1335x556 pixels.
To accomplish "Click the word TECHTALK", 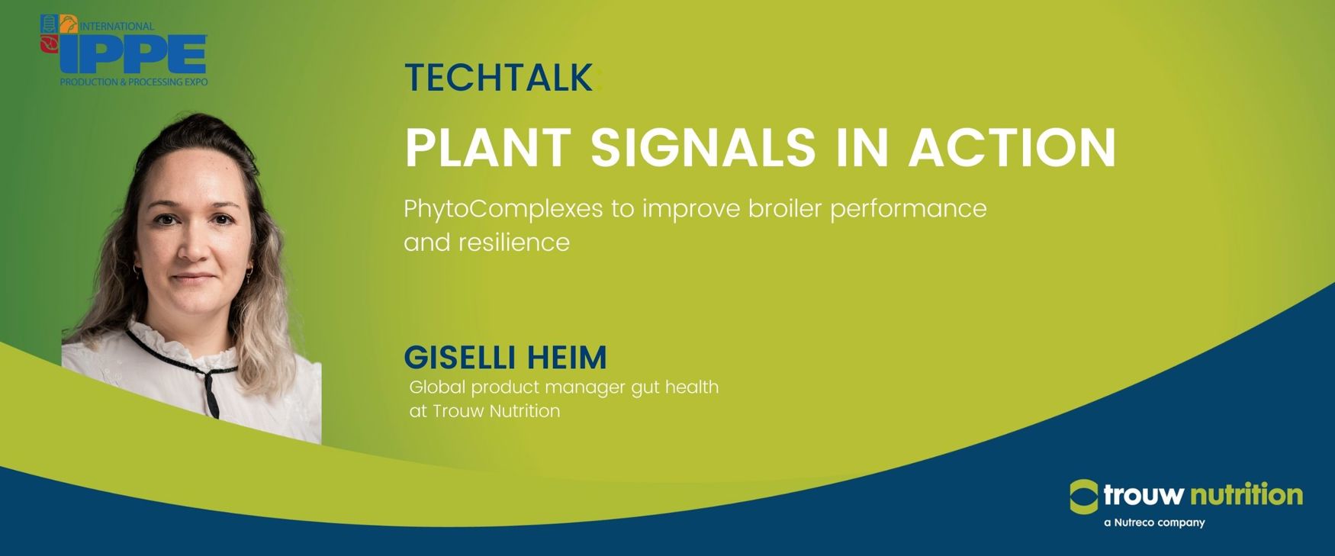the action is pyautogui.click(x=498, y=77).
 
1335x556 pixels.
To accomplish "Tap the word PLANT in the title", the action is pyautogui.click(x=488, y=147).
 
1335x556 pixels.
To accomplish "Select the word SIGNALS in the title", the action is pyautogui.click(x=703, y=147).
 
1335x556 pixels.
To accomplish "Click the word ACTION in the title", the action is pyautogui.click(x=1012, y=147).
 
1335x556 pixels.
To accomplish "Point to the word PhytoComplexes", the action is pyautogui.click(x=503, y=209).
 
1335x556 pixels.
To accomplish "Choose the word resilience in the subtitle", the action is pyautogui.click(x=513, y=243).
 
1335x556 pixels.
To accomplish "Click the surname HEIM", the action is pyautogui.click(x=567, y=357).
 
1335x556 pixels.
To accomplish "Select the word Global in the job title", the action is pyautogui.click(x=437, y=387).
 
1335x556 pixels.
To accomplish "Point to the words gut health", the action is pyautogui.click(x=675, y=387).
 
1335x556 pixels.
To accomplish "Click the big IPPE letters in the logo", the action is pyautogui.click(x=133, y=54).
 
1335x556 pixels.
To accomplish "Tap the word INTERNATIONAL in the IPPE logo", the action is pyautogui.click(x=117, y=26).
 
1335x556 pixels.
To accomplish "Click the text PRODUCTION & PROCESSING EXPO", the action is pyautogui.click(x=133, y=82).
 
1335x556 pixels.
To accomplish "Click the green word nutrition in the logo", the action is pyautogui.click(x=1247, y=495).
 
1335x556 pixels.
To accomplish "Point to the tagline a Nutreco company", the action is pyautogui.click(x=1154, y=522).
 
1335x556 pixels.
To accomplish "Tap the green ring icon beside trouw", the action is pyautogui.click(x=1084, y=497).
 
